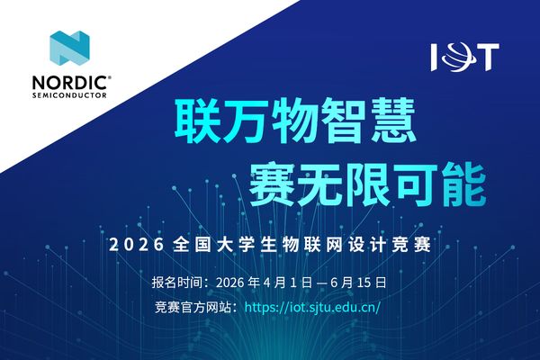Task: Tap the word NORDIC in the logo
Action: (65, 81)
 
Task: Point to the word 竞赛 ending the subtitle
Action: (419, 244)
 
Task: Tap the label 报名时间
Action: (179, 283)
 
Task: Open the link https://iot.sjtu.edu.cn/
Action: (312, 307)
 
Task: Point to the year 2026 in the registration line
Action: (234, 283)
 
